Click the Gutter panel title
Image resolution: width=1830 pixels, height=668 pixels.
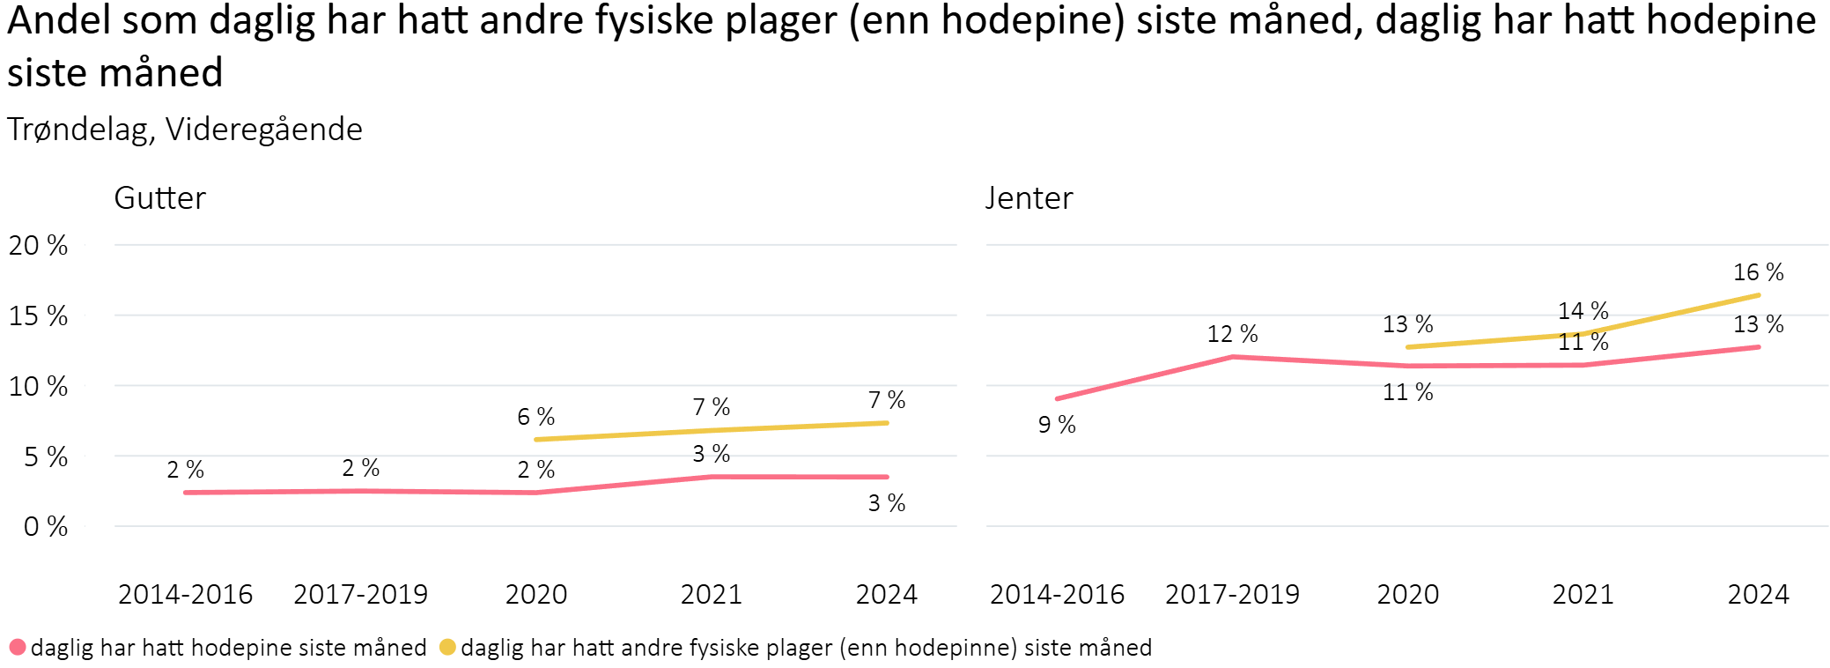(159, 198)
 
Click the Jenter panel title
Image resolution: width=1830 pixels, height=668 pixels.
(1029, 198)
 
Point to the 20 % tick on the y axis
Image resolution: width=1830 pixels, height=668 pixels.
(38, 245)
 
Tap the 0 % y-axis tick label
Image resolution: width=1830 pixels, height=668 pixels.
(45, 527)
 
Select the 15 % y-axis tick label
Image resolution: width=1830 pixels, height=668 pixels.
(38, 315)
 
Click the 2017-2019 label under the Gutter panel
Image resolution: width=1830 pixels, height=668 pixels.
(360, 594)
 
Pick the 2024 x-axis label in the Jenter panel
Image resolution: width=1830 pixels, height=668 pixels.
(1758, 594)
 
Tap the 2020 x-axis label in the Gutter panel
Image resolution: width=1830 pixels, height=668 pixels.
(535, 594)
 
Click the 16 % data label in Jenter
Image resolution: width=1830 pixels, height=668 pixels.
(1758, 272)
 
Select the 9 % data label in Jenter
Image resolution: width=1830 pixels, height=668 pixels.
(1057, 425)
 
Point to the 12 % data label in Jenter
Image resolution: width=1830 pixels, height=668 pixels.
(1232, 334)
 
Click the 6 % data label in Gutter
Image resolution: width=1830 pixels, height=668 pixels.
(535, 416)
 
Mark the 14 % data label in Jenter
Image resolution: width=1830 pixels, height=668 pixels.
(1583, 310)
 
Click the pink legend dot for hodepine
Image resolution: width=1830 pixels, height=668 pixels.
(17, 648)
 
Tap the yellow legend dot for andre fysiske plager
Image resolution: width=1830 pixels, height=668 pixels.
(447, 648)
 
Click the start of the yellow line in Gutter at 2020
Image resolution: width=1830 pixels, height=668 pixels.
(536, 439)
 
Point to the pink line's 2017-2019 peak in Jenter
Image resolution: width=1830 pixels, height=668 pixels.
(1232, 357)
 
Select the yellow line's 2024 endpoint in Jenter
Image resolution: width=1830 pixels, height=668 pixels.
(1758, 295)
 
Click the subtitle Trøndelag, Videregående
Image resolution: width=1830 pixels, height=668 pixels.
(185, 130)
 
